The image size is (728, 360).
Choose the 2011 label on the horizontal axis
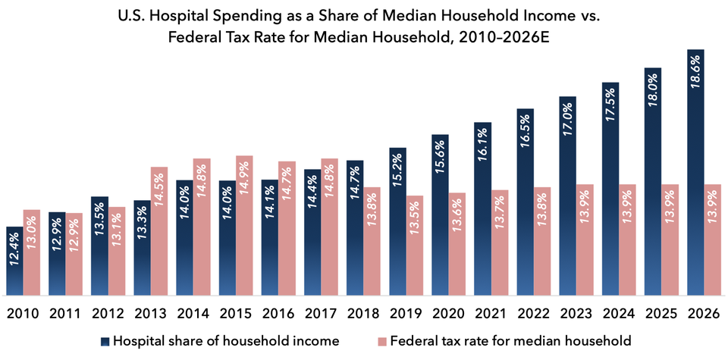pos(65,313)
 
